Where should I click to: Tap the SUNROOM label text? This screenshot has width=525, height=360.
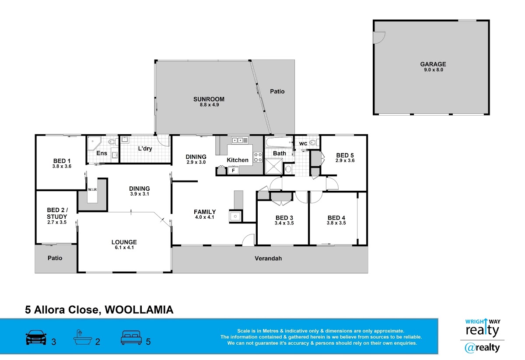(x=209, y=99)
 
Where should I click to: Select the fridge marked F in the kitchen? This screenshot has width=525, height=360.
(x=234, y=170)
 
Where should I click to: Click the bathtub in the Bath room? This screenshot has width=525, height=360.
(x=279, y=143)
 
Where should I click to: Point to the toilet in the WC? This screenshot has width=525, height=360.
(x=312, y=142)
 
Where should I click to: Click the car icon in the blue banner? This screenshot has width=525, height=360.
(x=36, y=338)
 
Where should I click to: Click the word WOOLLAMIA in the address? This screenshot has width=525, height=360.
(x=140, y=310)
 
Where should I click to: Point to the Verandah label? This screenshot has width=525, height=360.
(x=268, y=259)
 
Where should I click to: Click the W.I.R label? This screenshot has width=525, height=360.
(x=92, y=190)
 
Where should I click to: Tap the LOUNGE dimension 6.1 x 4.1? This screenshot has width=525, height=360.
(x=124, y=248)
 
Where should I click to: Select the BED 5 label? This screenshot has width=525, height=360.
(x=345, y=155)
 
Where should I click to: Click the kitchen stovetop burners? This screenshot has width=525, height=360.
(x=258, y=157)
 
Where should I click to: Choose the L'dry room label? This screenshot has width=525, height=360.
(x=145, y=149)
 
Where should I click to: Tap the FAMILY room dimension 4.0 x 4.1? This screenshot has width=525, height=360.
(x=205, y=217)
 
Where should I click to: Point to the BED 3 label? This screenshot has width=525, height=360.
(x=284, y=218)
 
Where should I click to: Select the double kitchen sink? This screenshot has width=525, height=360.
(x=240, y=140)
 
